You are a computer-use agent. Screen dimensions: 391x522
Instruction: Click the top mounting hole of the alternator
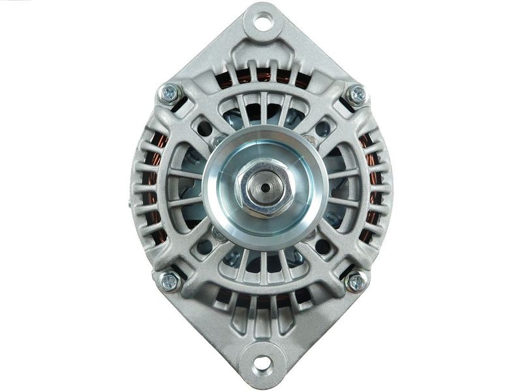(x=263, y=23)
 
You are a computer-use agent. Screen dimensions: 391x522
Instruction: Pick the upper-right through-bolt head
(x=357, y=94)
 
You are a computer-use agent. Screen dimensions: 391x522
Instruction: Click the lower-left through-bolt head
(x=169, y=282)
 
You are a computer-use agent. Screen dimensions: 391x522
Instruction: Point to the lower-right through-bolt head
(x=356, y=282)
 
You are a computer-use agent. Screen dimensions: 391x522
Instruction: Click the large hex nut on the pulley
(x=264, y=187)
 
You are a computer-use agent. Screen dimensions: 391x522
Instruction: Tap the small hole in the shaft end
(x=264, y=187)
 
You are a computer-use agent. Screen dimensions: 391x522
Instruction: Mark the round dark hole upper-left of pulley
(x=204, y=128)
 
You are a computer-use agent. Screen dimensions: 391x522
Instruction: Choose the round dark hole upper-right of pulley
(x=322, y=128)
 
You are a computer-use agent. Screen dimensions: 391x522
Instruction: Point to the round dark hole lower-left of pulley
(x=204, y=246)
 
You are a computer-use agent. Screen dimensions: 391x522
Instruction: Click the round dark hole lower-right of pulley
(x=322, y=246)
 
